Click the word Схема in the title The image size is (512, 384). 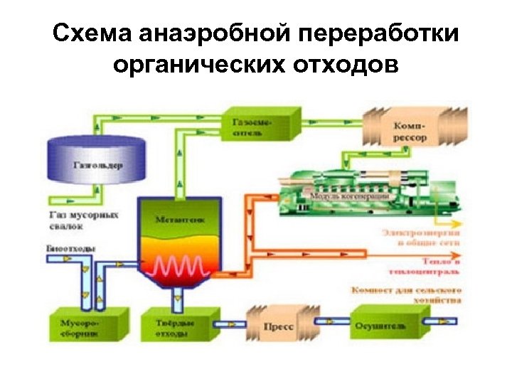click(x=92, y=35)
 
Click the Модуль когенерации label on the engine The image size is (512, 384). click(x=348, y=196)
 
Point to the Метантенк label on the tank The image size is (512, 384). click(x=180, y=220)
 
